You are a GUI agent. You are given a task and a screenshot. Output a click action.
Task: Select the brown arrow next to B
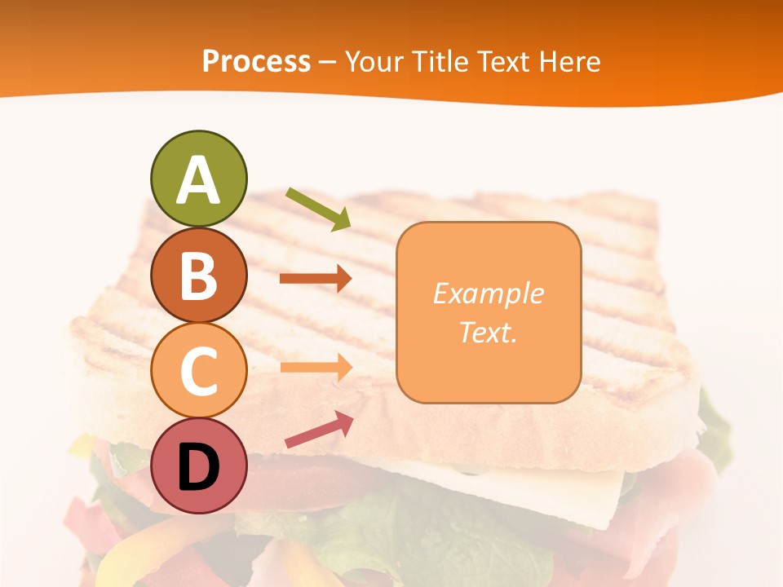point(316,279)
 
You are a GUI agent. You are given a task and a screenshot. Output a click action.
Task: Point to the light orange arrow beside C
point(316,367)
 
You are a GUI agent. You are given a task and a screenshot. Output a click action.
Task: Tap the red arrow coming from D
point(319,430)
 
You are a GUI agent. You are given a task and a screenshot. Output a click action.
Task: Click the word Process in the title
point(256,61)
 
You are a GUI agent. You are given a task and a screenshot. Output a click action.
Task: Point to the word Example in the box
point(488,293)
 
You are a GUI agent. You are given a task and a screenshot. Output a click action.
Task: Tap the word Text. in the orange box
point(488,332)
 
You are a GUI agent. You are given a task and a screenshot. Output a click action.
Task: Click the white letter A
point(199,181)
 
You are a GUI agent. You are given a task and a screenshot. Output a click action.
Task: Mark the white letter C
point(199,371)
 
